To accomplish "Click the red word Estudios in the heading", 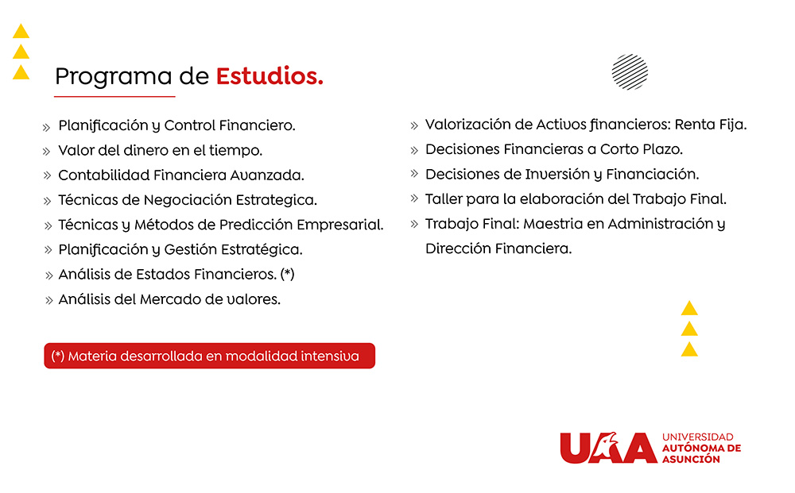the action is click(x=270, y=76).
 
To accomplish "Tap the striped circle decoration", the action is click(x=630, y=72).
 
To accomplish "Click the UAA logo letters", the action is click(x=608, y=448).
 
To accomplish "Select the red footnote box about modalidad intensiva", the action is click(x=209, y=356).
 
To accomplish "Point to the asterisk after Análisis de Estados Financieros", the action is click(x=288, y=274).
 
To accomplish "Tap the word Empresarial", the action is click(x=339, y=225).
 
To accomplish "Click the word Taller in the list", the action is click(x=443, y=199).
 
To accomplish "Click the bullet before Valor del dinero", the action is click(x=47, y=152).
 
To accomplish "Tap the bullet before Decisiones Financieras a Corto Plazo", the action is click(x=414, y=150).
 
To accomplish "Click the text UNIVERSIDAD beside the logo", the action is click(x=698, y=437).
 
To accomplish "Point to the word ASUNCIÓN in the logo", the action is click(x=691, y=459).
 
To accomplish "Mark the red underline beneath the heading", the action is click(x=114, y=96).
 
